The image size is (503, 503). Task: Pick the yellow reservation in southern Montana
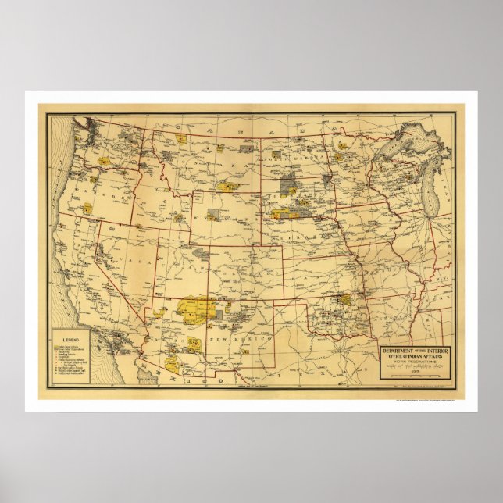[x=228, y=187]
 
